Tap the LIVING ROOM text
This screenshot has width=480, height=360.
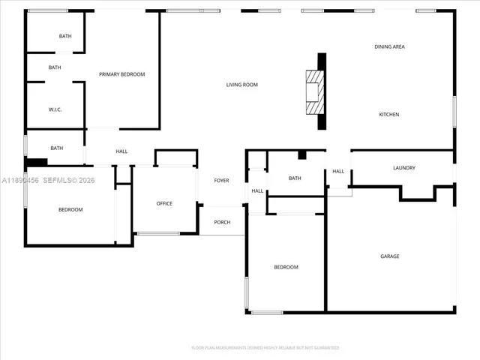(241, 85)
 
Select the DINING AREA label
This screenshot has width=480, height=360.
(389, 46)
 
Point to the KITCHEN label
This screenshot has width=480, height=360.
(388, 114)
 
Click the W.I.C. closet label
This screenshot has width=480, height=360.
(55, 109)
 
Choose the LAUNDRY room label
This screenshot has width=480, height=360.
(403, 168)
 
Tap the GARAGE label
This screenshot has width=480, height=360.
(389, 256)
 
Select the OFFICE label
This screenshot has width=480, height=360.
(164, 203)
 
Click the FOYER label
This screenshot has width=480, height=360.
(221, 181)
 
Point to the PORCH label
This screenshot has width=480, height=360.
(222, 222)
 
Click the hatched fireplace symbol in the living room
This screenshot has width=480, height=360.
(313, 91)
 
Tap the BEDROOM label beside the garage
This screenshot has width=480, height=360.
(286, 267)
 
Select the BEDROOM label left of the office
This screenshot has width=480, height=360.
(70, 209)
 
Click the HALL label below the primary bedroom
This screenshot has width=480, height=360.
(121, 151)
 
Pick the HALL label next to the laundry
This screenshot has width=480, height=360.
(338, 171)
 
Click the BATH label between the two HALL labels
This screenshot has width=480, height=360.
(295, 178)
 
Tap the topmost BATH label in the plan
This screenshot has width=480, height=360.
(65, 36)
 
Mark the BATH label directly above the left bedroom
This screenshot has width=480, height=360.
(56, 148)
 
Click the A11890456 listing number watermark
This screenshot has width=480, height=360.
(20, 180)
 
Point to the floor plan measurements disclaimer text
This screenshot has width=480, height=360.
(265, 348)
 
